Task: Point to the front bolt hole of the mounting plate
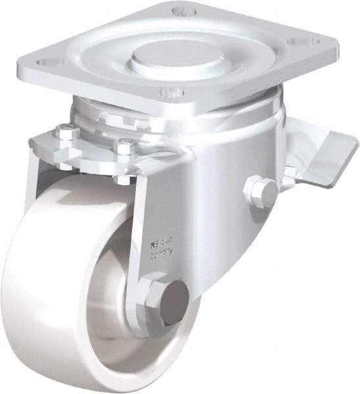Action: click(x=169, y=93)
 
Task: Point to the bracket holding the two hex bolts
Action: click(x=99, y=154)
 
